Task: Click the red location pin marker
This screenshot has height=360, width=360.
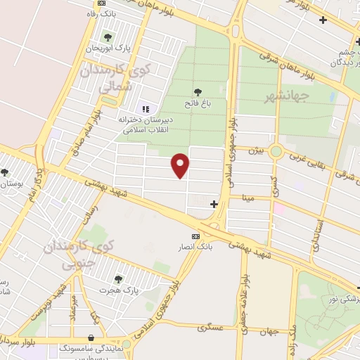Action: coord(181,165)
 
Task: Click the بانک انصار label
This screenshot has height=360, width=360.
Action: coord(195,247)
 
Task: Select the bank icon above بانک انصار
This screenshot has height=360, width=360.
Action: coord(195,236)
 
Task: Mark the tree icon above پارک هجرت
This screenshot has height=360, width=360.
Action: coord(117,278)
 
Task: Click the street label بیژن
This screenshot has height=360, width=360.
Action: coord(259,150)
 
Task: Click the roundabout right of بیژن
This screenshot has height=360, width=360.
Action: coord(277,150)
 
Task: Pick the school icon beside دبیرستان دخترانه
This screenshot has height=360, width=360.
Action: coord(146,109)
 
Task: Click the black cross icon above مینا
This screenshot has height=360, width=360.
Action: coord(214,205)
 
